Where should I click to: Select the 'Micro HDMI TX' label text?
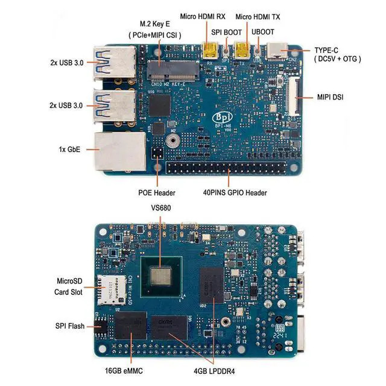(x=258, y=16)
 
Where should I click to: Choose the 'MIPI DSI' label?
(x=331, y=96)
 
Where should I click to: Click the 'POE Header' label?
(x=157, y=193)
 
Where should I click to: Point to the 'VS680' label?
(x=161, y=207)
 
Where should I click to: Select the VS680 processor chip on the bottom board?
(x=161, y=277)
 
